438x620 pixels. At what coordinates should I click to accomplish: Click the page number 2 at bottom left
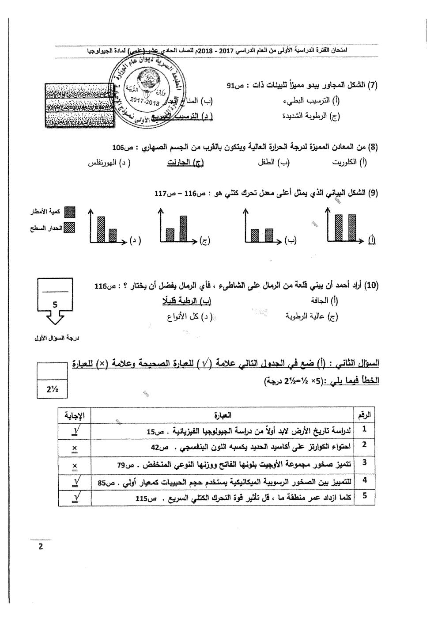pyautogui.click(x=41, y=546)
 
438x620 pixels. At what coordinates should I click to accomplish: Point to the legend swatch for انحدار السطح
pyautogui.click(x=70, y=228)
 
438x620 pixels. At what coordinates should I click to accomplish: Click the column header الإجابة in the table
pyautogui.click(x=75, y=415)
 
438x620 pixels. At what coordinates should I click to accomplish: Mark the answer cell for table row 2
pyautogui.click(x=74, y=447)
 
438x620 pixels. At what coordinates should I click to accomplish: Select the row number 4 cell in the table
pyautogui.click(x=365, y=480)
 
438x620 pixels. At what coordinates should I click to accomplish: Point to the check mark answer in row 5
pyautogui.click(x=74, y=497)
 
